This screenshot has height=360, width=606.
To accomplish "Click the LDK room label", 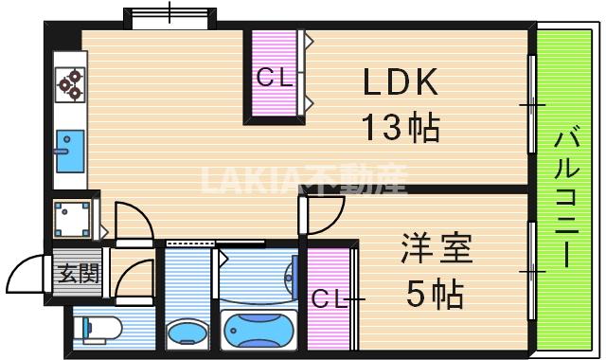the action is pos(401,81).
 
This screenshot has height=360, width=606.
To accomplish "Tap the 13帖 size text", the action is pos(401,127).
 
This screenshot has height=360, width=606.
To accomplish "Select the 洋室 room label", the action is pos(437,248).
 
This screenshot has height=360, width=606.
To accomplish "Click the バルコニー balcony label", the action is pos(566,197).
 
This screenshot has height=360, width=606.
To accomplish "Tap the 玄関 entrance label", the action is pos(79,274).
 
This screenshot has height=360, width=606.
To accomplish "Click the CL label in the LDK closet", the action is pos(274,77).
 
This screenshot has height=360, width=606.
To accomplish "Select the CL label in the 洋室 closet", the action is pos(329,298).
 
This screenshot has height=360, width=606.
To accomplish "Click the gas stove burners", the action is pos(70,84).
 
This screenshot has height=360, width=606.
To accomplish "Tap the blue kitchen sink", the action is pos(70,151).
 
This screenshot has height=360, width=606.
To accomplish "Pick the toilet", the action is pos(98,329).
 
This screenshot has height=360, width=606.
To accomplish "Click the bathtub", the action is pos(258,331).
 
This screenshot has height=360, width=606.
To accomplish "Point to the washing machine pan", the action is pos(72,219).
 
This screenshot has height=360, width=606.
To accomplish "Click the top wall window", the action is pos(170,17).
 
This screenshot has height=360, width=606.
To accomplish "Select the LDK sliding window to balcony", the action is pos(532,104).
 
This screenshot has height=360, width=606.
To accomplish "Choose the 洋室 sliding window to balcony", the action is pos(532,271).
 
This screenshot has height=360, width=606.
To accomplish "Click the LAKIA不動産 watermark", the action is pos(305,180).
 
